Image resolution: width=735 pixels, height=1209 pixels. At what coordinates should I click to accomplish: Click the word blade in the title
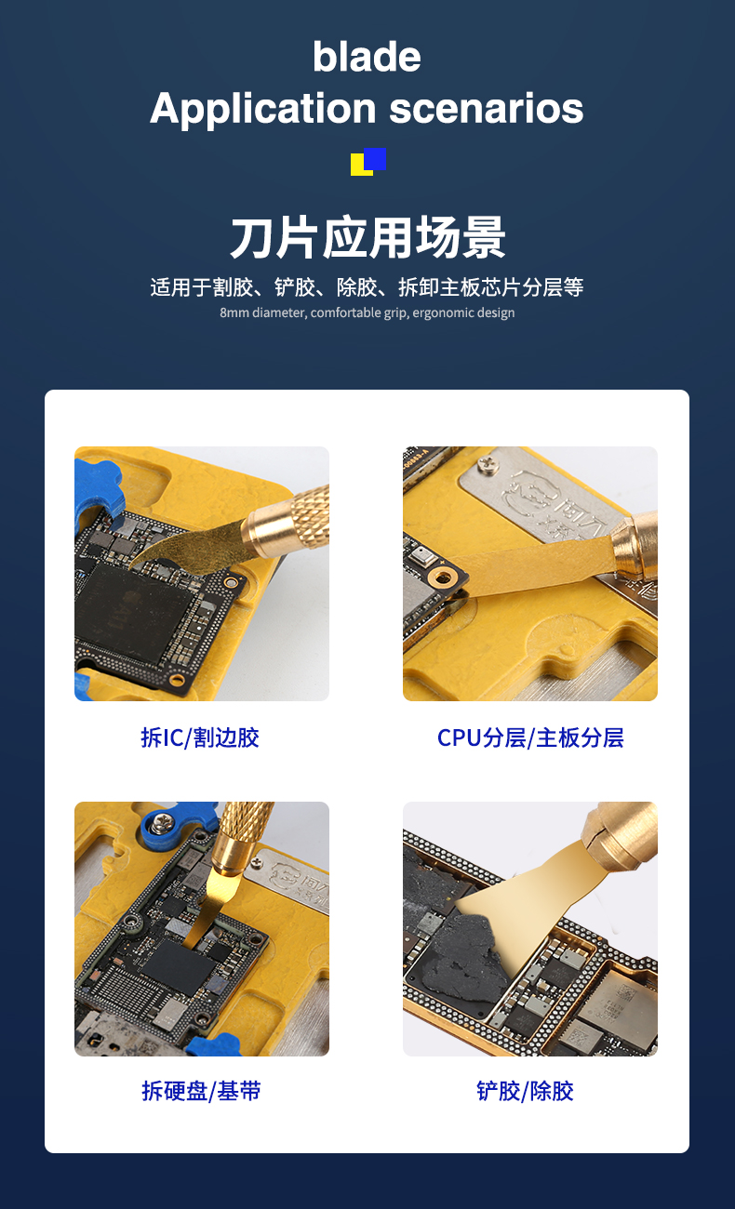tap(367, 57)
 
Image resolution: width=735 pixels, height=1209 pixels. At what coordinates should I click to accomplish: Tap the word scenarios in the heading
tap(486, 108)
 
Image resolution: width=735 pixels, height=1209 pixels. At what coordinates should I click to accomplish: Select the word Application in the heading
tap(262, 109)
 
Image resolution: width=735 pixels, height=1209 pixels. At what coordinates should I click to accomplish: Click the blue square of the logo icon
tap(375, 159)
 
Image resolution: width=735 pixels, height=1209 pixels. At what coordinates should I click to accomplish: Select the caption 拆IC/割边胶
tap(200, 737)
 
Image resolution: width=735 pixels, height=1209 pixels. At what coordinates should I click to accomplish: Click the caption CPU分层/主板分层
tap(530, 737)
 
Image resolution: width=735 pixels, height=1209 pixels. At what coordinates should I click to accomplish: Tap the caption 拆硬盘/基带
tap(201, 1091)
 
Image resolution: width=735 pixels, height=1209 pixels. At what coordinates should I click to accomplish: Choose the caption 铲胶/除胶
tap(525, 1091)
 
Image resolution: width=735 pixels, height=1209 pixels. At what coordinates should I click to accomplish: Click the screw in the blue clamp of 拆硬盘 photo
tap(161, 823)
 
